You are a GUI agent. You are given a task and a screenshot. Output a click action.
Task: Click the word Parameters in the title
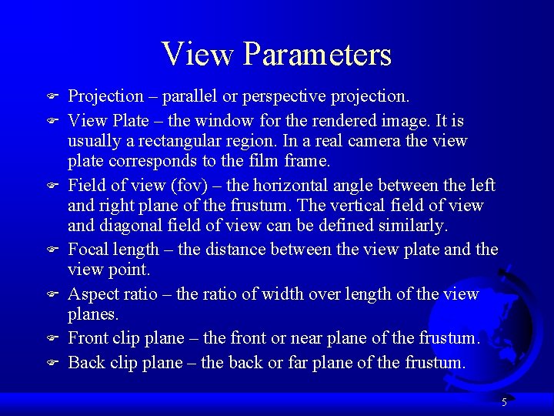[318, 55]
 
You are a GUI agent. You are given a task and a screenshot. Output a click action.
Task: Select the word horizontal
[282, 186]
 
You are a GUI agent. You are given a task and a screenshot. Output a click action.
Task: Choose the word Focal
[89, 250]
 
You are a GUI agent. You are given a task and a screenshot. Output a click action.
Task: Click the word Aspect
[92, 294]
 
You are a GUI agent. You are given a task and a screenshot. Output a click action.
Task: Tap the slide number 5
[504, 401]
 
